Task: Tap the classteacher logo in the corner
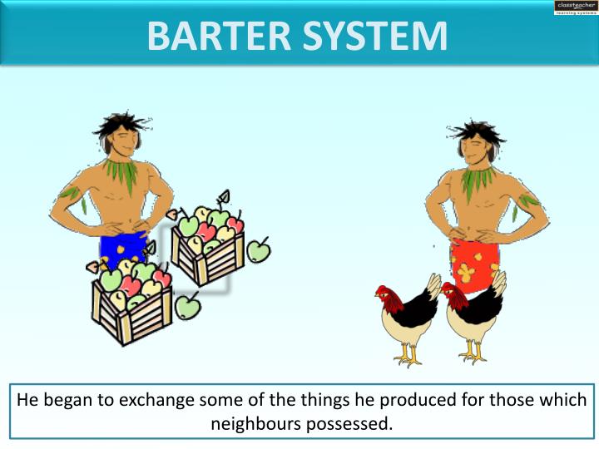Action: [575, 7]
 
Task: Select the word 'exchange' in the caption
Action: [156, 400]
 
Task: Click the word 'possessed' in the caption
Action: [353, 423]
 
